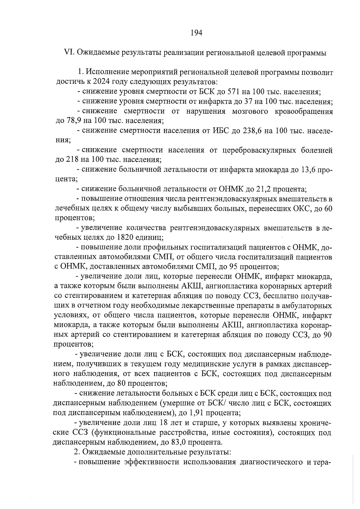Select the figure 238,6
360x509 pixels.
(250, 130)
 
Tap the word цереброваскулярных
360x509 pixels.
(259, 150)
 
